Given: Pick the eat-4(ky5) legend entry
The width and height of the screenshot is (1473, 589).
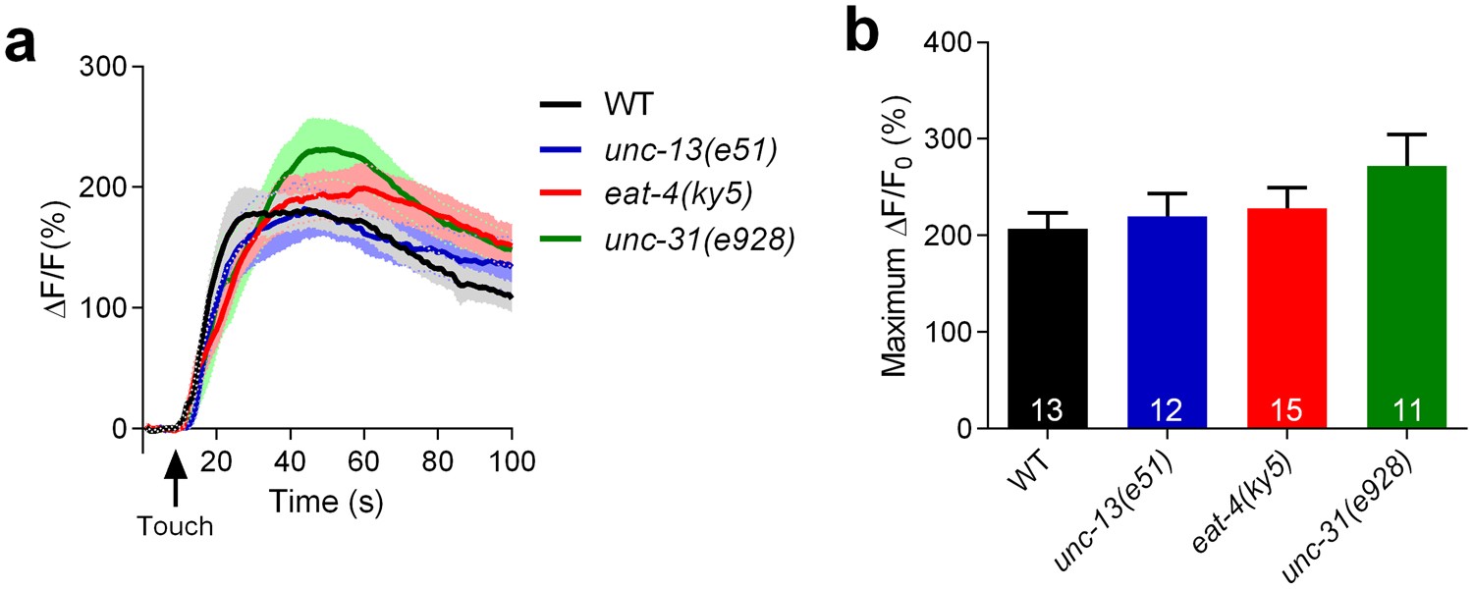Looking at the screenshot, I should (x=679, y=194).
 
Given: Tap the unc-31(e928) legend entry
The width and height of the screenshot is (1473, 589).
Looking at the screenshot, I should (x=698, y=240).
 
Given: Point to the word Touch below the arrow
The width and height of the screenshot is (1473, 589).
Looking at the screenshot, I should (x=175, y=526).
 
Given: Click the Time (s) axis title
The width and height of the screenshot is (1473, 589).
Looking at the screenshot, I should (x=327, y=502).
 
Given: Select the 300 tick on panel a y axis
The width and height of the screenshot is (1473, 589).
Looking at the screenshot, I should (x=108, y=67).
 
